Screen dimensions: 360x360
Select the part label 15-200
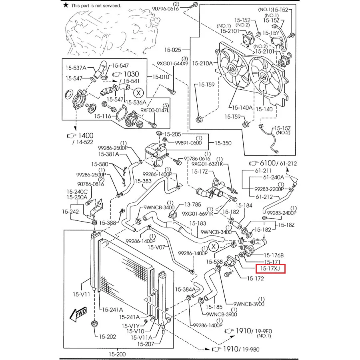coord(117,354)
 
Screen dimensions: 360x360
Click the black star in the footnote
coord(66,5)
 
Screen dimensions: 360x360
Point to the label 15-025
coord(172,50)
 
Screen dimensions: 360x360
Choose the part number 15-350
coord(223,143)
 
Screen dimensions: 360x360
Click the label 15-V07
coord(156,248)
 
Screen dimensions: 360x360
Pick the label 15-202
coord(107,336)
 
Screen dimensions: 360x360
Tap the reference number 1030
coord(130,74)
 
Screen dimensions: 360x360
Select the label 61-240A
coord(273,177)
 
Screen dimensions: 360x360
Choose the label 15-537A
coord(76,68)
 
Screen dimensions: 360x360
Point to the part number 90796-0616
coord(165,9)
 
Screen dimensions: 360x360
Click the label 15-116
coord(102,116)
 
